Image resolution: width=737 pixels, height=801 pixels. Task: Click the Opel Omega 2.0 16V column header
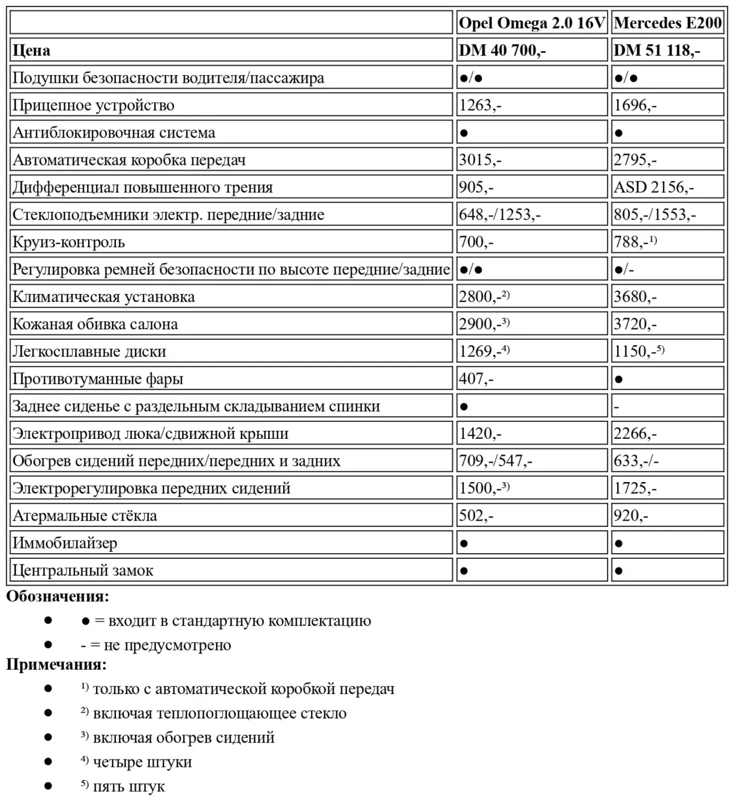pyautogui.click(x=532, y=23)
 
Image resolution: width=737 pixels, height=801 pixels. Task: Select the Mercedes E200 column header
pyautogui.click(x=668, y=23)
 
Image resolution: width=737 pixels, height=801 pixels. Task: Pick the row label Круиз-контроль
pyautogui.click(x=68, y=242)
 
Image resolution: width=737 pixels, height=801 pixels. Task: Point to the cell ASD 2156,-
pyautogui.click(x=653, y=188)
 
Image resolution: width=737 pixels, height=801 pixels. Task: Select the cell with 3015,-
pyautogui.click(x=480, y=160)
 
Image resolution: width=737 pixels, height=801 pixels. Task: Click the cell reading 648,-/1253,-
pyautogui.click(x=500, y=215)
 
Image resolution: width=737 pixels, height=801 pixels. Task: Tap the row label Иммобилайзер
pyautogui.click(x=65, y=543)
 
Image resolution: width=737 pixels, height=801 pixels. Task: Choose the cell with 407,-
pyautogui.click(x=476, y=379)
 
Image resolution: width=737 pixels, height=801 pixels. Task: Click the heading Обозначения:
pyautogui.click(x=57, y=597)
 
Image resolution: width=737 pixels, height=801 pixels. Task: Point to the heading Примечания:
pyautogui.click(x=56, y=664)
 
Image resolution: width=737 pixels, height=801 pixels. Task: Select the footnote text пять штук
pyautogui.click(x=129, y=787)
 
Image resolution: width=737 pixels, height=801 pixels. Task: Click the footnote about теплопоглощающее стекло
pyautogui.click(x=220, y=713)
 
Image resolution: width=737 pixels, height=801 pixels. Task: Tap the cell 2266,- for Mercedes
pyautogui.click(x=635, y=434)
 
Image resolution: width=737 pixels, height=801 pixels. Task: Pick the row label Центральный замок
pyautogui.click(x=83, y=571)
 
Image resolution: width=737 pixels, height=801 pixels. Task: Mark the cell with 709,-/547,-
pyautogui.click(x=495, y=461)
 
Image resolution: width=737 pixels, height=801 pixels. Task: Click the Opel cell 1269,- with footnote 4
pyautogui.click(x=484, y=352)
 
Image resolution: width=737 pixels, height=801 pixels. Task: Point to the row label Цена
pyautogui.click(x=31, y=51)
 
